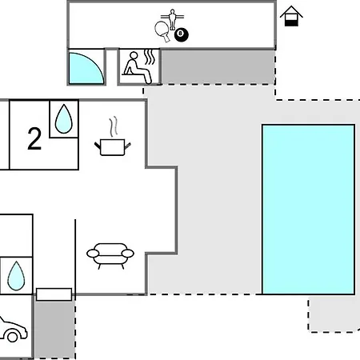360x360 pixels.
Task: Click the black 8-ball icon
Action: pyautogui.click(x=182, y=34)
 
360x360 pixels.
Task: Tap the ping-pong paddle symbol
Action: pyautogui.click(x=162, y=30)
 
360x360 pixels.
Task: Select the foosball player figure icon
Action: pyautogui.click(x=172, y=19)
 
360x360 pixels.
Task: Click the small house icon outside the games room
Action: pyautogui.click(x=291, y=16)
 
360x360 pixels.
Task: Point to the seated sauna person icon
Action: pyautogui.click(x=137, y=68)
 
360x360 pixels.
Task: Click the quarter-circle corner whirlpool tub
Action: pyautogui.click(x=86, y=68)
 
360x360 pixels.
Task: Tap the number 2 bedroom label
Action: pyautogui.click(x=34, y=138)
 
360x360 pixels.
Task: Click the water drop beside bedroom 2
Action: pyautogui.click(x=64, y=119)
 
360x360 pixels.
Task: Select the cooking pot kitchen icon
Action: pyautogui.click(x=113, y=147)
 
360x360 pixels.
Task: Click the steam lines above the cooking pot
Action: pyautogui.click(x=113, y=126)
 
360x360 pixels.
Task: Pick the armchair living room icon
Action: pyautogui.click(x=110, y=255)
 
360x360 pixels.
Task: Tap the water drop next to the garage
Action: pyautogui.click(x=16, y=276)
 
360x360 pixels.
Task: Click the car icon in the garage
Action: pyautogui.click(x=12, y=330)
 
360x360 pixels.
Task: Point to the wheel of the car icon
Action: pyautogui.click(x=12, y=337)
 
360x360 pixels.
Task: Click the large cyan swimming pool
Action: pyautogui.click(x=308, y=210)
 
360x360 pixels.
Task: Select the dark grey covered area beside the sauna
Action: pyautogui.click(x=218, y=66)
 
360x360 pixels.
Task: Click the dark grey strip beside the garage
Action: pyautogui.click(x=54, y=330)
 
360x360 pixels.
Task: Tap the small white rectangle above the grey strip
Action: pyautogui.click(x=54, y=294)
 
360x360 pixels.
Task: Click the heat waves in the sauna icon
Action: pyautogui.click(x=150, y=58)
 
